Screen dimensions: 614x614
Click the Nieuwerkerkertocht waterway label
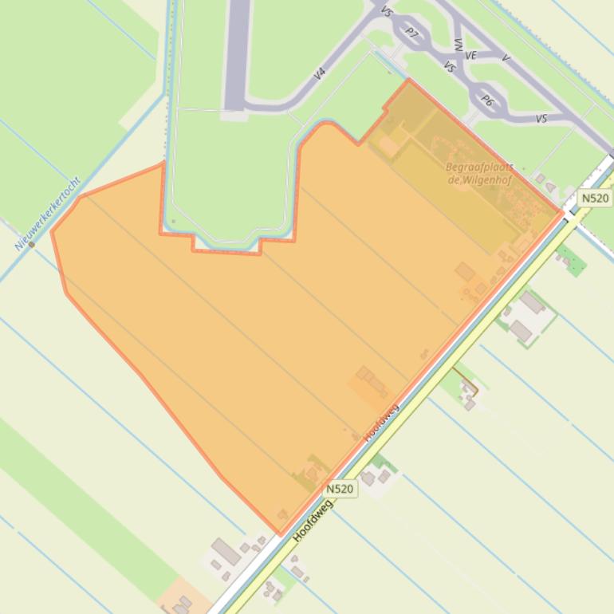(48, 214)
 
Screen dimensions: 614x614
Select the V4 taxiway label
(320, 73)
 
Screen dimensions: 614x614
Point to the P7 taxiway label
(411, 33)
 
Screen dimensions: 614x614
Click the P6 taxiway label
(488, 100)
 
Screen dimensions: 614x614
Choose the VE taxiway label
(470, 56)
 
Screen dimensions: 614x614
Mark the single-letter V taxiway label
(506, 58)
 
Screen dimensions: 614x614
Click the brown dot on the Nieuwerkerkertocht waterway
(32, 245)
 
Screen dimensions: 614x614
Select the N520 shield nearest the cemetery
(594, 199)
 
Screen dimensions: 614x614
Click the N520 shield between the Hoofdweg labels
(340, 489)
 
